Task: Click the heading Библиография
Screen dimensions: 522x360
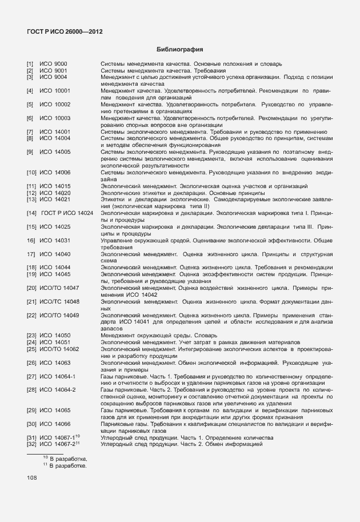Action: coord(180,50)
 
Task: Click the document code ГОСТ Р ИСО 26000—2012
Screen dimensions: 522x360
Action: coord(65,31)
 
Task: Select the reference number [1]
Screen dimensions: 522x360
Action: coord(30,63)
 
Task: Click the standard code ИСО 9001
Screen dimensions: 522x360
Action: coord(53,70)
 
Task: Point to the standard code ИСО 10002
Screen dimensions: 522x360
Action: coord(55,105)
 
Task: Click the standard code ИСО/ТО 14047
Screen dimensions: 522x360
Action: coord(59,288)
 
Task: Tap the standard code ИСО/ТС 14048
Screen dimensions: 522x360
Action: coord(59,301)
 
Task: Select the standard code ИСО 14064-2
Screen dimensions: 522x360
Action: coord(58,389)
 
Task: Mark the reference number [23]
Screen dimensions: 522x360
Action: coord(31,335)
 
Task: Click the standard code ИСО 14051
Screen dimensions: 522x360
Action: coord(55,342)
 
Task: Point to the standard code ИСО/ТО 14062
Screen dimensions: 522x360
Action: coord(59,349)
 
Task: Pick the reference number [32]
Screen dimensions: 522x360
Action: coord(31,444)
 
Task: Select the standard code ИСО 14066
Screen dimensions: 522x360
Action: coord(55,424)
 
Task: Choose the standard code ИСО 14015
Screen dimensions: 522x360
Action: coord(55,186)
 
